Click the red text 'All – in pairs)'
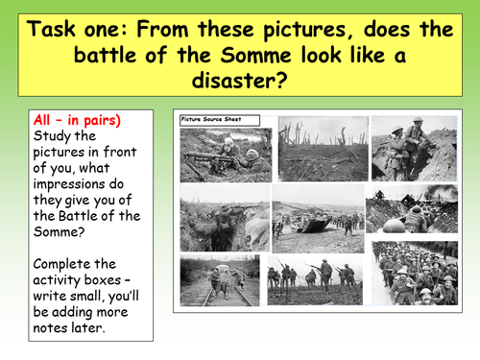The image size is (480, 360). [x=73, y=121]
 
